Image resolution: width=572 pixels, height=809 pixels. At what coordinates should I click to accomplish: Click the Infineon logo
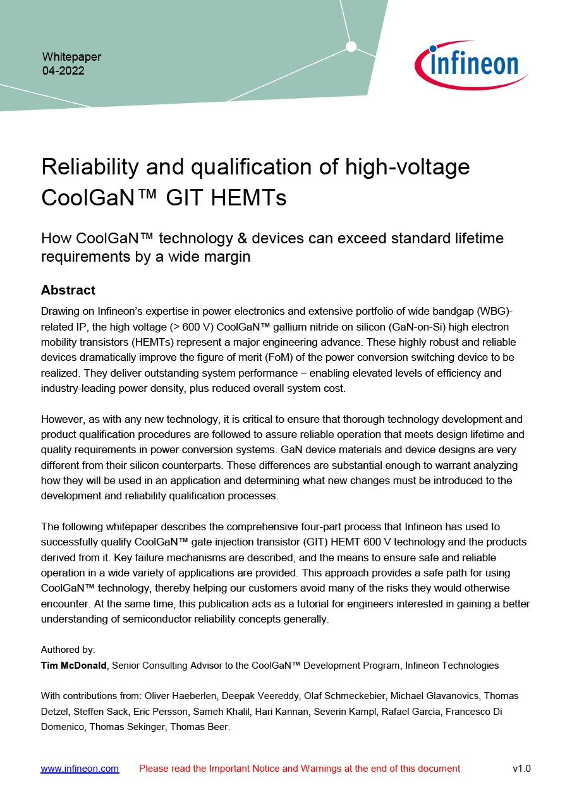click(x=471, y=64)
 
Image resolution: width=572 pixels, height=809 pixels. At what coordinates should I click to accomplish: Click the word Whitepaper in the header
click(x=71, y=57)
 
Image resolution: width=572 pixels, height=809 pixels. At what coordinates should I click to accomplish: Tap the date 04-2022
click(x=63, y=71)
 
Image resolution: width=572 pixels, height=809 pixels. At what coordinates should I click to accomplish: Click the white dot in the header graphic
click(x=351, y=46)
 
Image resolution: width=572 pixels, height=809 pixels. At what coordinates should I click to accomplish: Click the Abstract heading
click(x=68, y=290)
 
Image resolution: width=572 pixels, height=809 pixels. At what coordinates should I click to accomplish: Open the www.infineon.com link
click(x=80, y=769)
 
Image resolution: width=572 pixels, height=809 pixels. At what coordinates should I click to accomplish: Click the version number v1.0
click(x=521, y=769)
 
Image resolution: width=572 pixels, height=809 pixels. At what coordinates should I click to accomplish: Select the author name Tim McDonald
click(x=75, y=666)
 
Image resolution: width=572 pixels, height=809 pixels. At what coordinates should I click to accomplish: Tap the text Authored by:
click(x=68, y=650)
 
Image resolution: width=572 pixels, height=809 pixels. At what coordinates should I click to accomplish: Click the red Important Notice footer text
click(x=300, y=769)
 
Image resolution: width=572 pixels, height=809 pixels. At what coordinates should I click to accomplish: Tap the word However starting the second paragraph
click(x=63, y=419)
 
